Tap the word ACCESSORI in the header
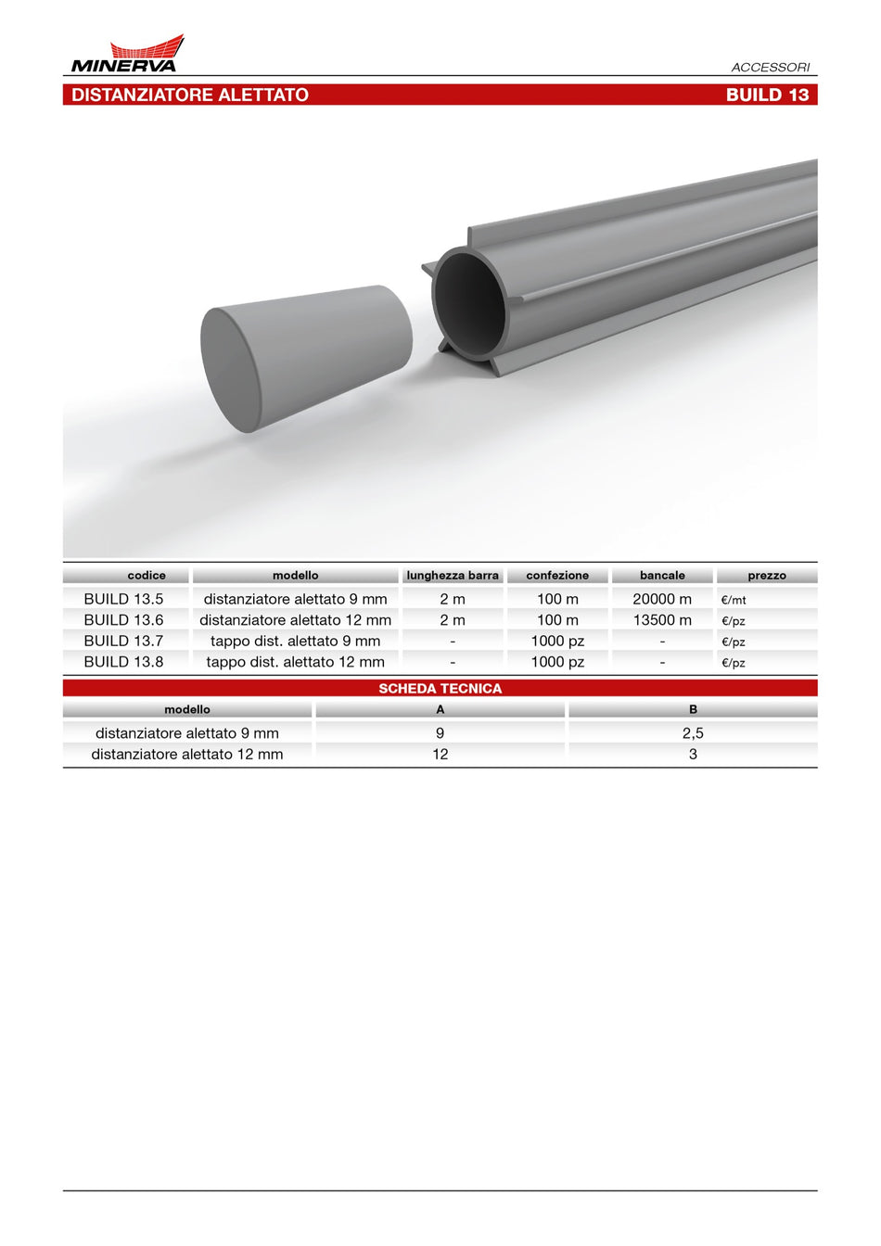(771, 68)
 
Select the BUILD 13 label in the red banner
(767, 95)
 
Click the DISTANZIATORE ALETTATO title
(190, 95)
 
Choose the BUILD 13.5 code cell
(123, 599)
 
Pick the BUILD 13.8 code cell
(123, 662)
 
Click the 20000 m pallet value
(662, 599)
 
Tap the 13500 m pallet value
(662, 620)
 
